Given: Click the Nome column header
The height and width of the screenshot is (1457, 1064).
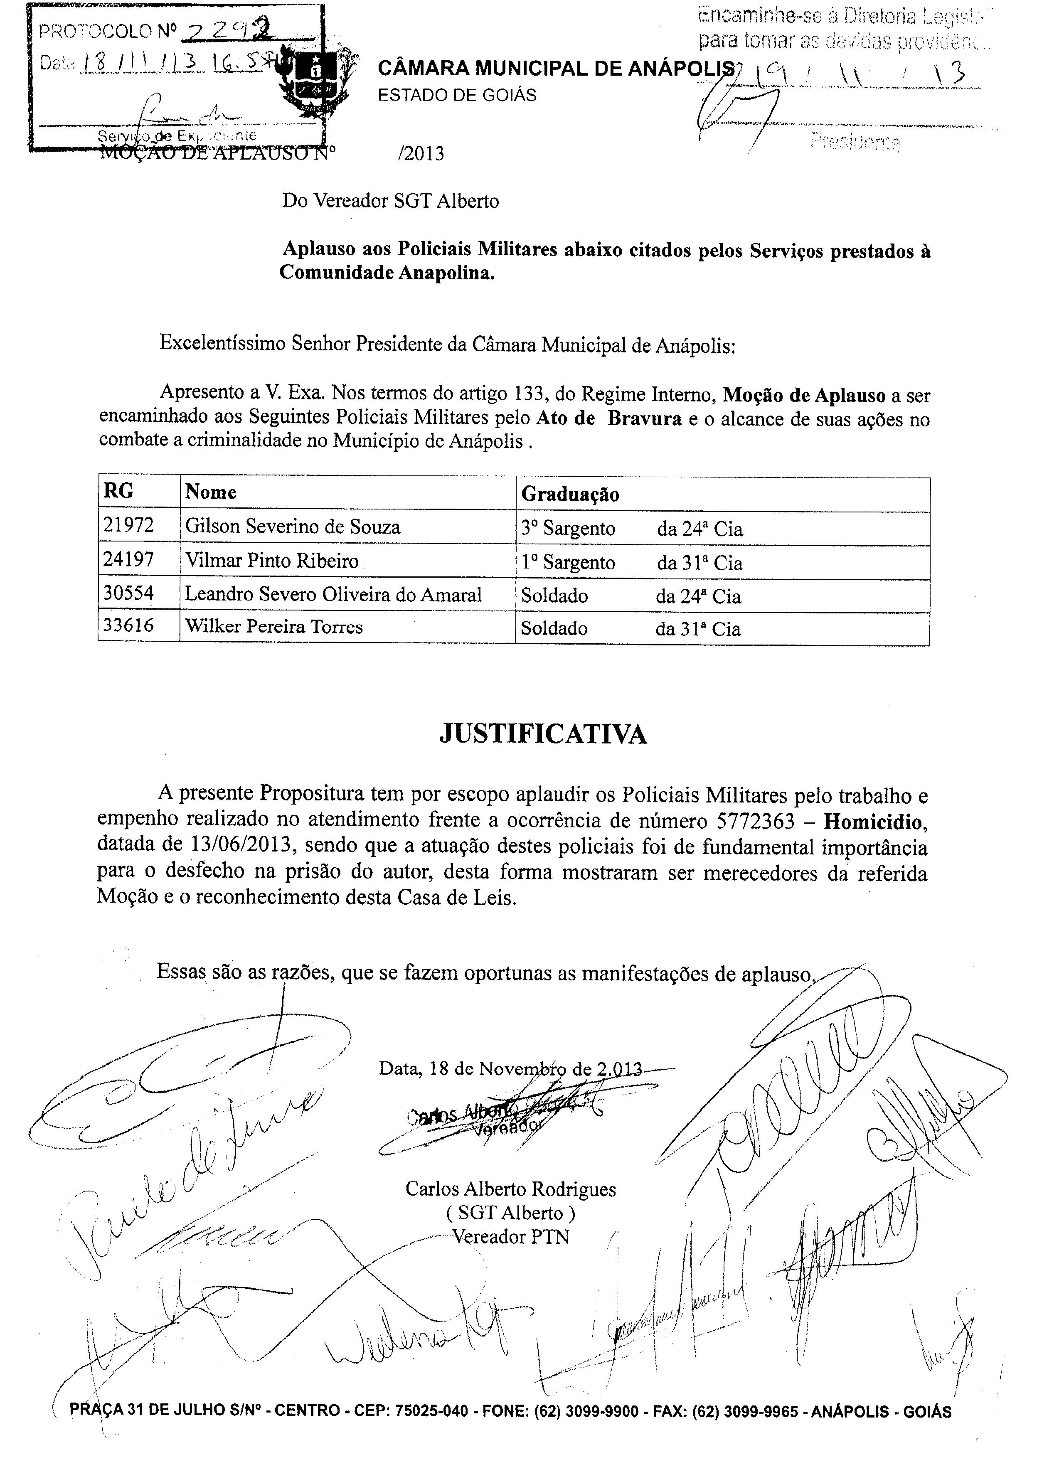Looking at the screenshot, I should click(x=211, y=492).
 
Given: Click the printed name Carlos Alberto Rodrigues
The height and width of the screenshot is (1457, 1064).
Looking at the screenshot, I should click(x=510, y=1189).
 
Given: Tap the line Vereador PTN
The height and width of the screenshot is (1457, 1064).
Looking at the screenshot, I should click(x=510, y=1237).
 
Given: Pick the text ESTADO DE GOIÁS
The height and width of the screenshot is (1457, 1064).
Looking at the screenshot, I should click(x=457, y=95).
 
